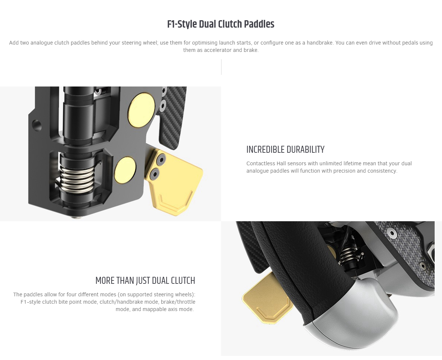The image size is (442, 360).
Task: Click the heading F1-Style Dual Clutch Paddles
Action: pos(221,24)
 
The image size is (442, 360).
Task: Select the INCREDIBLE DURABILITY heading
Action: pos(285,150)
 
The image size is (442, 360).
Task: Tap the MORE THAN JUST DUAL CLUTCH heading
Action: pos(145,281)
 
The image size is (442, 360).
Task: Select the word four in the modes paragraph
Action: pos(71,294)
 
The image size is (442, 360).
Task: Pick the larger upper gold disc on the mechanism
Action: pos(141,110)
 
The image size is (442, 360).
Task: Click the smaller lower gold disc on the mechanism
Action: pos(125,170)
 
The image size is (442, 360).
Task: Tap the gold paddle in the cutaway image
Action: pos(174,183)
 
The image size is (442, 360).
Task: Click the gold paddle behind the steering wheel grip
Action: pos(266,299)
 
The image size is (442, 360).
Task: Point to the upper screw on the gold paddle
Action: pos(161,159)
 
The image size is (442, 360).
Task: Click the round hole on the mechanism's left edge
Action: pos(37,126)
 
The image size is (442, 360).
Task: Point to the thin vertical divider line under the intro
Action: pos(221,67)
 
